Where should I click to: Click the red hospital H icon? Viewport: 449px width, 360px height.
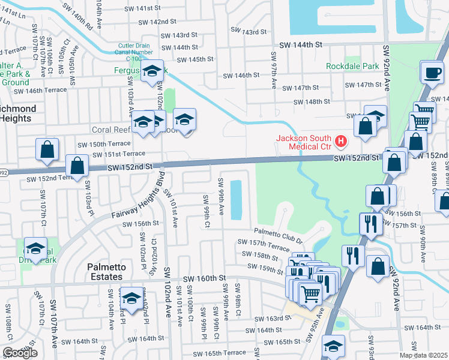pyautogui.click(x=341, y=142)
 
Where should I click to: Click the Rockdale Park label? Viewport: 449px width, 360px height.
pyautogui.click(x=349, y=66)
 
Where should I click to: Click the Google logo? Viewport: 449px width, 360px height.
pyautogui.click(x=20, y=353)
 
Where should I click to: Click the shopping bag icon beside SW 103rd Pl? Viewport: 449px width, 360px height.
pyautogui.click(x=77, y=166)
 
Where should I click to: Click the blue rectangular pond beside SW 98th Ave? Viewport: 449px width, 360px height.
pyautogui.click(x=237, y=198)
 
